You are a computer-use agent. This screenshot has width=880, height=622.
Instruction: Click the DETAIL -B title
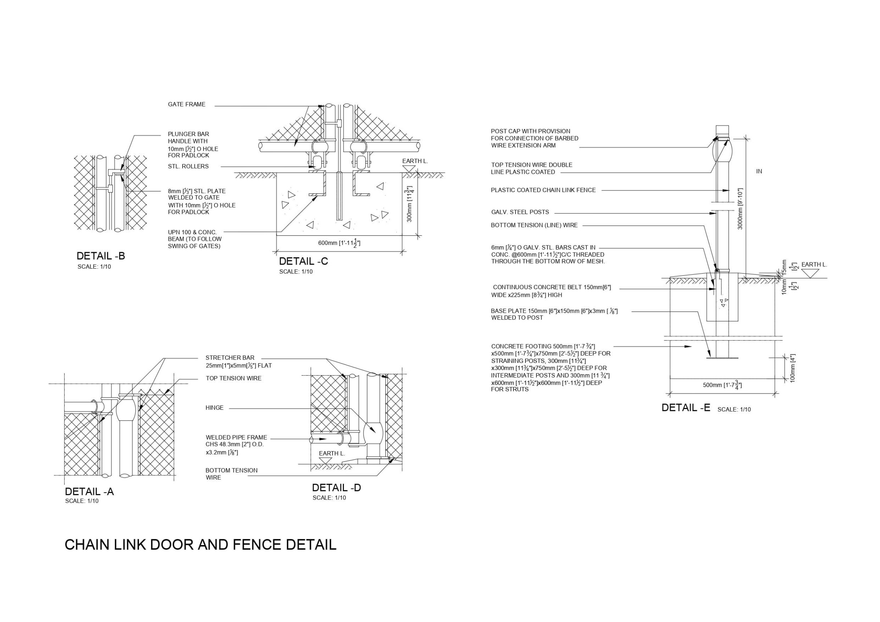point(101,256)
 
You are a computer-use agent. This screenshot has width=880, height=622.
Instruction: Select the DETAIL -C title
point(303,261)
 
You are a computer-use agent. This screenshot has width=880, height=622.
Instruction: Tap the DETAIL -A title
point(89,491)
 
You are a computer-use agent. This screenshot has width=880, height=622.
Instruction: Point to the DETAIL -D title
point(336,487)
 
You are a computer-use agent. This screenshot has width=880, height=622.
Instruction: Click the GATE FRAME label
point(186,104)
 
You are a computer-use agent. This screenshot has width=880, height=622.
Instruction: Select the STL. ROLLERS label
point(188,166)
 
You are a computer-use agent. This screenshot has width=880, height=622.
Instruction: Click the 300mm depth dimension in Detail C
point(410,204)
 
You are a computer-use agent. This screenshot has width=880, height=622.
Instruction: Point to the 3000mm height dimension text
point(740,209)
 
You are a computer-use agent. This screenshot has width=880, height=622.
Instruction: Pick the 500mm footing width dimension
point(722,385)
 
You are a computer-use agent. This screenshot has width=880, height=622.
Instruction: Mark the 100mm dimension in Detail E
point(793,368)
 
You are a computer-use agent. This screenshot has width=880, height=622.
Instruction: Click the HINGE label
point(214,408)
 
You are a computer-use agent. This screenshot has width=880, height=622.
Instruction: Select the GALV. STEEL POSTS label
point(520,212)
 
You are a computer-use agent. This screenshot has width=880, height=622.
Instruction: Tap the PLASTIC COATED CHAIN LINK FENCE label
point(543,190)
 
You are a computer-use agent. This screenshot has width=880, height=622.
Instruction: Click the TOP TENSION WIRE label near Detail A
point(234,378)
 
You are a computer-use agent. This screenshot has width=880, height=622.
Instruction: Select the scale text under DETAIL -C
point(296,272)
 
